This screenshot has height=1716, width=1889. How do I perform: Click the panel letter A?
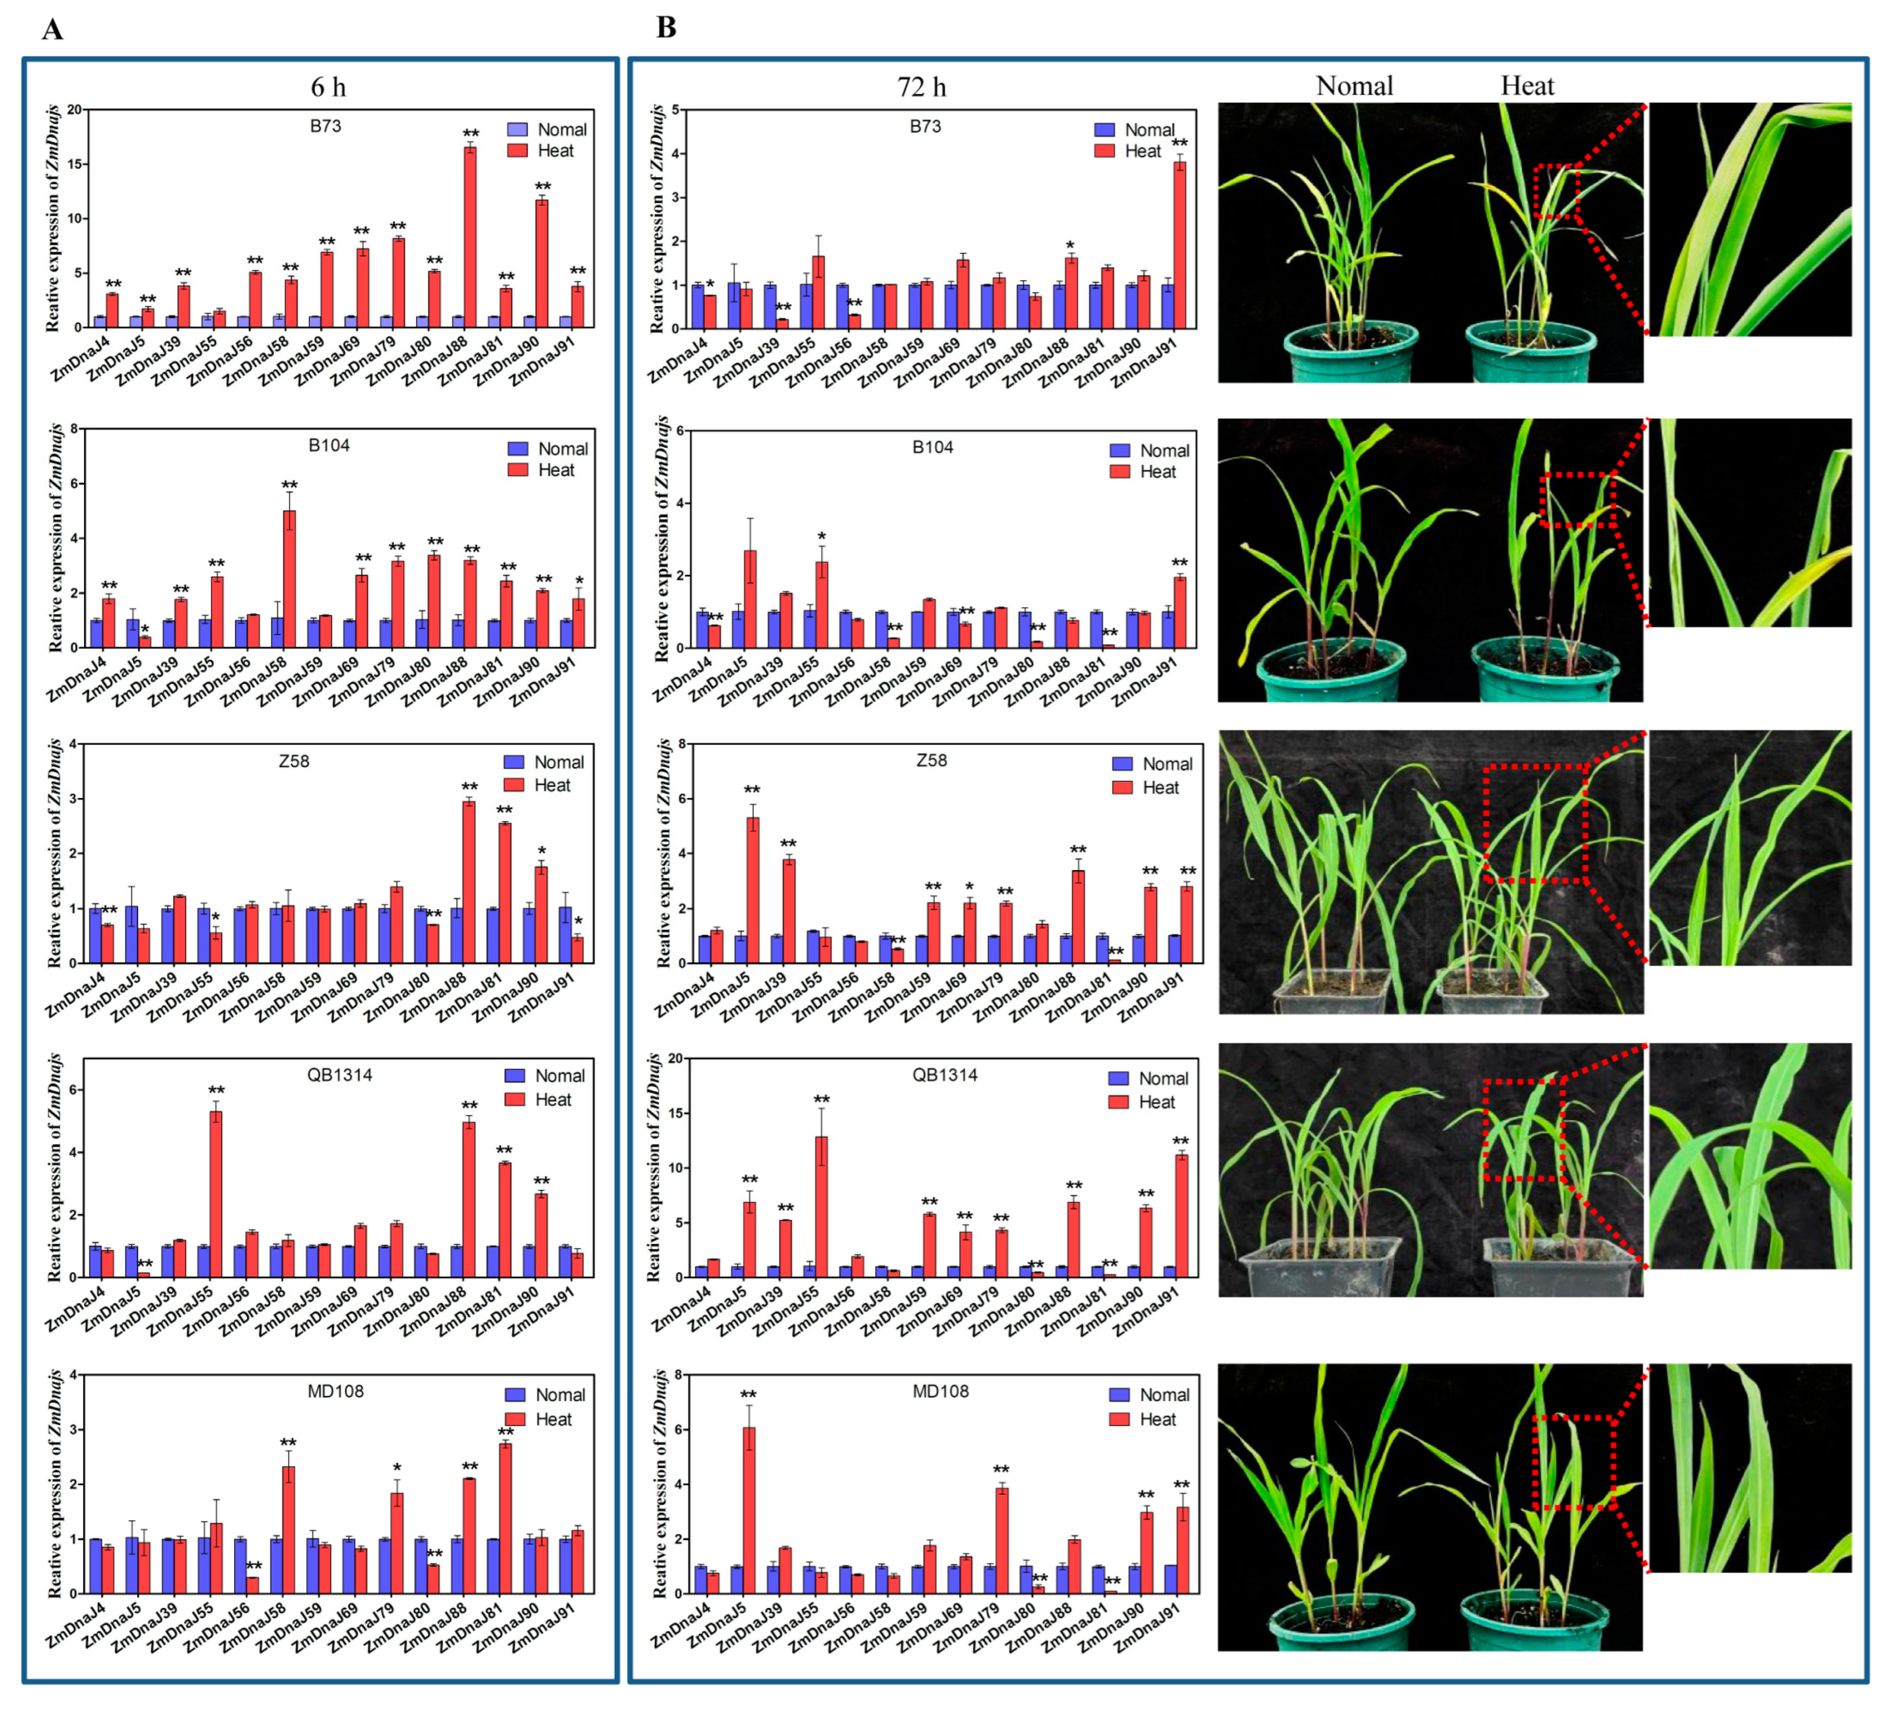[52, 30]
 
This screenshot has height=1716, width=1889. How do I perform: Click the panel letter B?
[666, 28]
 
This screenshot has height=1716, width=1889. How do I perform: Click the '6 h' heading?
[328, 87]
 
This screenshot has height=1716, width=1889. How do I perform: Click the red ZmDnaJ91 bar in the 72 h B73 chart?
[1180, 244]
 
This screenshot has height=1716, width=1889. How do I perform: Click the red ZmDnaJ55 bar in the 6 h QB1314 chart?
[216, 1193]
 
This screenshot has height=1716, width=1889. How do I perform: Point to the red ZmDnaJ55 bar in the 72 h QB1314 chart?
[822, 1206]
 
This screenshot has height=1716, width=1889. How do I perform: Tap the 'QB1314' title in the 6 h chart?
[339, 1075]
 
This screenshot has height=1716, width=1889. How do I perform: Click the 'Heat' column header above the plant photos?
[1527, 86]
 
